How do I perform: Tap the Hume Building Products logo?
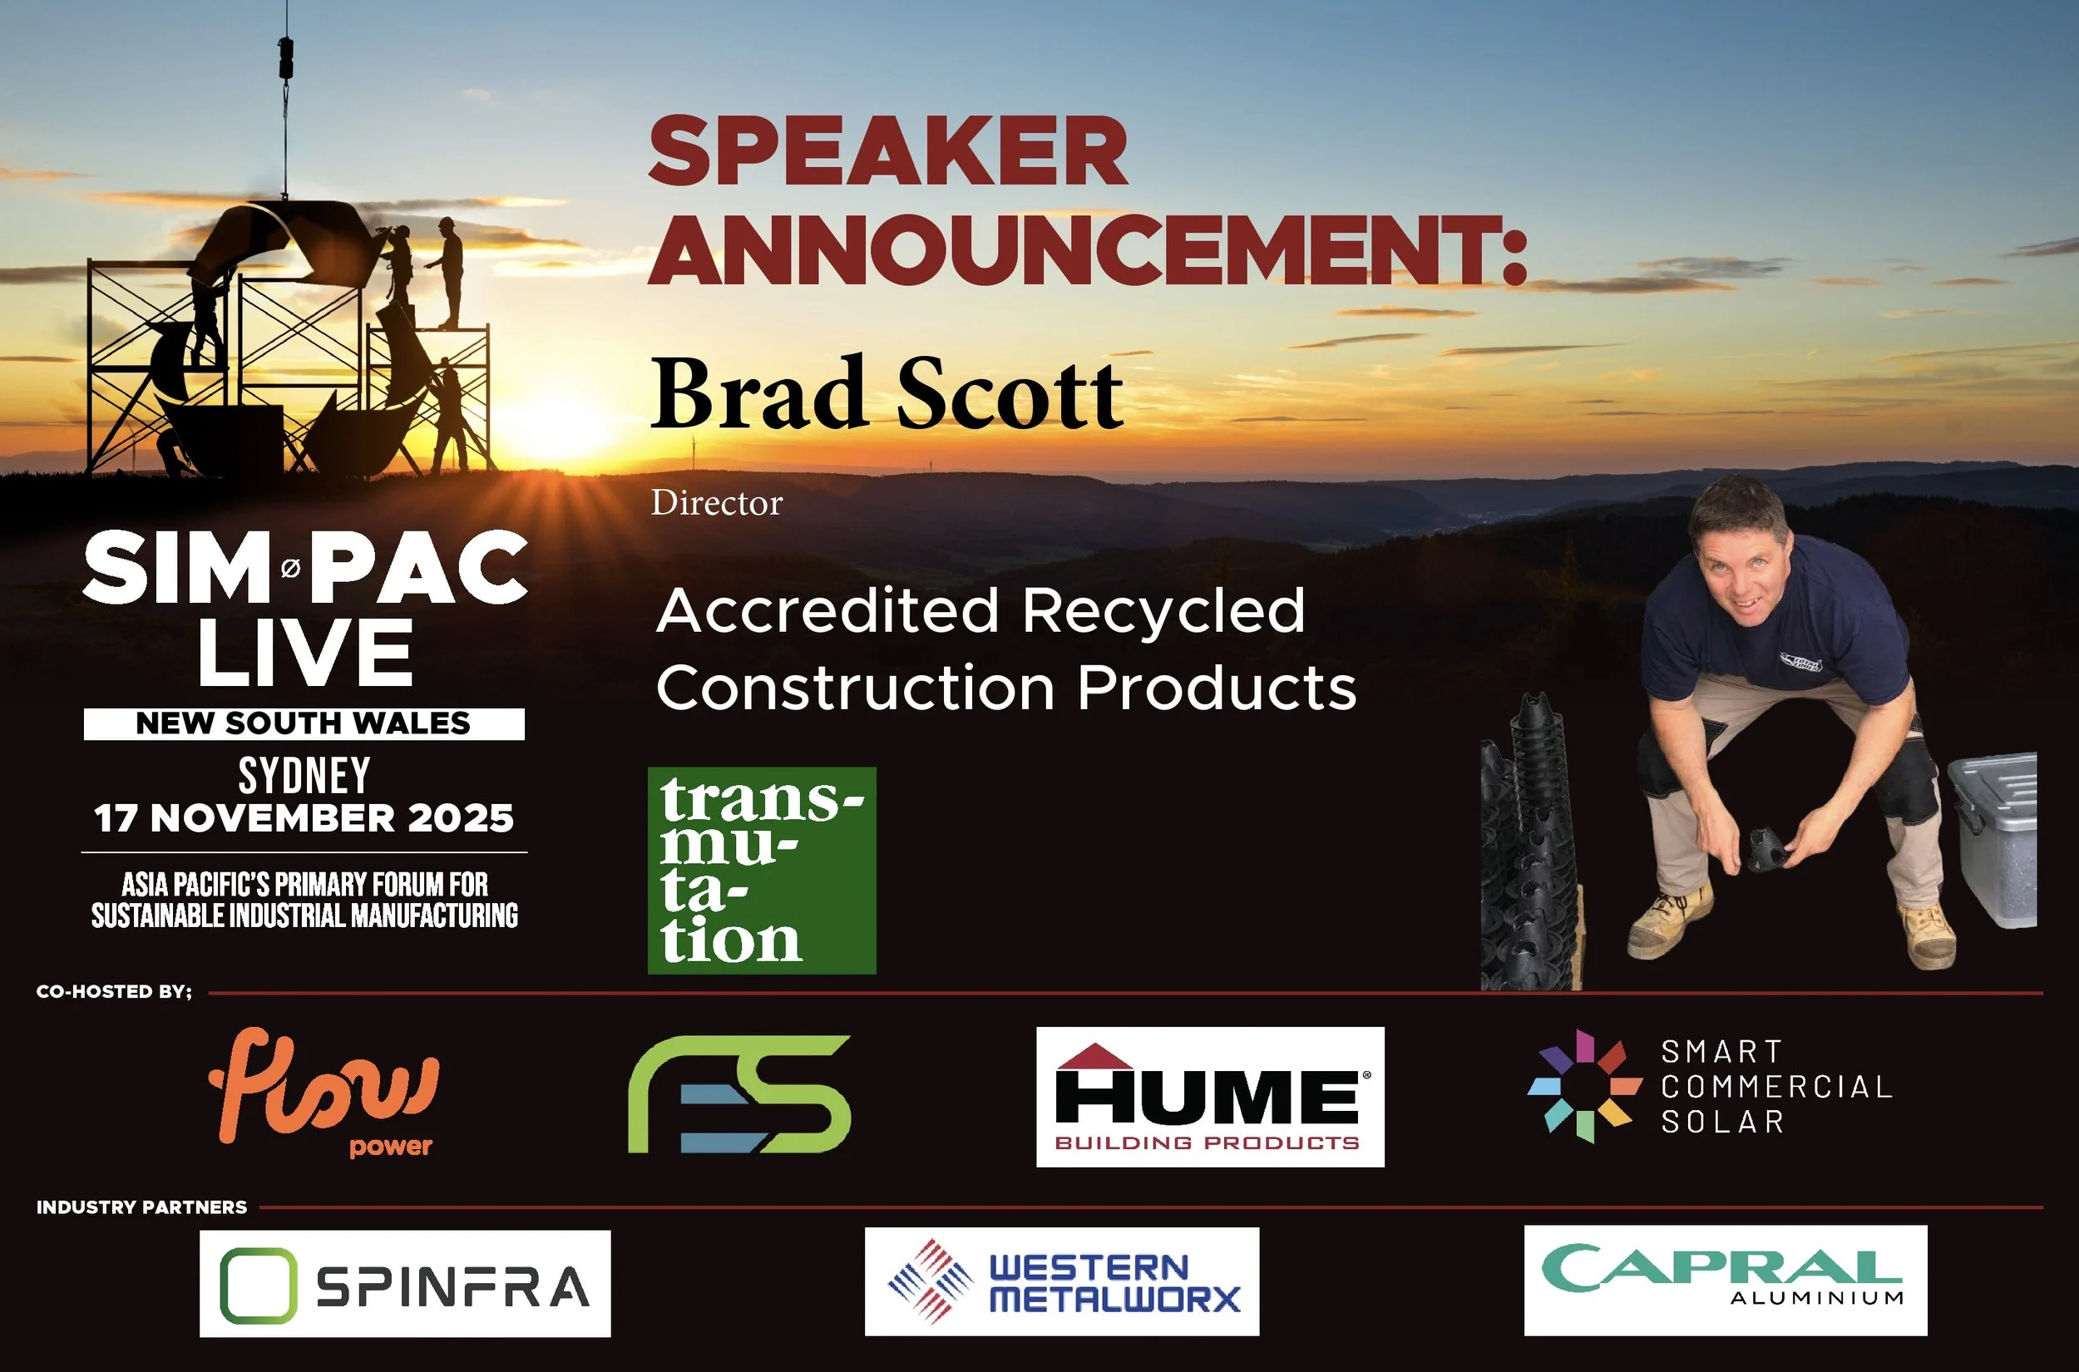click(1209, 1097)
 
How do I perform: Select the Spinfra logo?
click(405, 1284)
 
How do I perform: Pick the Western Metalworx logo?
click(1061, 1282)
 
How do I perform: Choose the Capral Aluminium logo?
click(1725, 1281)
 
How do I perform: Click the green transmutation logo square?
click(761, 871)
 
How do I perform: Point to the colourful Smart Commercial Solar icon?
click(1585, 1087)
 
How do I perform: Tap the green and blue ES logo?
click(739, 1093)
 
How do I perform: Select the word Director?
click(717, 503)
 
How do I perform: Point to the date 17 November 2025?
click(304, 818)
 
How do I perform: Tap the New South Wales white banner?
click(304, 723)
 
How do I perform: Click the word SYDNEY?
click(304, 774)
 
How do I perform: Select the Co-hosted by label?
click(114, 991)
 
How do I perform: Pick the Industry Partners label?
click(141, 1207)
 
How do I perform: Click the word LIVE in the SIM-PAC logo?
click(304, 653)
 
